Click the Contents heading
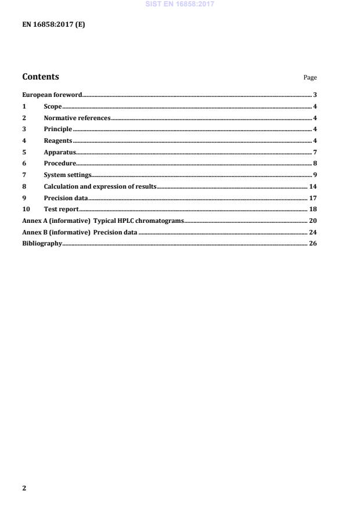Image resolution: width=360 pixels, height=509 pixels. (40, 77)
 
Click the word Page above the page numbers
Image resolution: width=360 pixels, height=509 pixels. (310, 78)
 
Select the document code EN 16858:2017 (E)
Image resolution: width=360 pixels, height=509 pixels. (53, 25)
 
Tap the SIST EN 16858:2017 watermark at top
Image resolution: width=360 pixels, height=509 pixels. (179, 3)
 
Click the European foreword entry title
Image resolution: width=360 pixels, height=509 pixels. (52, 95)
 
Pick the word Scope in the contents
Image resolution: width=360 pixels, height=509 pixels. (53, 106)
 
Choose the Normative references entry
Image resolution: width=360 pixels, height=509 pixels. (77, 118)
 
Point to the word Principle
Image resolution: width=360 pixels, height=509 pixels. (58, 129)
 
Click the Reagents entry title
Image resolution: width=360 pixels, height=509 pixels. (58, 140)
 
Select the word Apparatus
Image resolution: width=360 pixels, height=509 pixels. (60, 152)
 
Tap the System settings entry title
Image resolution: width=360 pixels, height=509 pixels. (67, 175)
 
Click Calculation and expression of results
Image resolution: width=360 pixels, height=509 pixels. (100, 186)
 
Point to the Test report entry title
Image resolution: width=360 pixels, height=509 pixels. (61, 209)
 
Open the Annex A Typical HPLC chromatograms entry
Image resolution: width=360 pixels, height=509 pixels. (103, 221)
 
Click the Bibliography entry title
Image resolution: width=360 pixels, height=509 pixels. (42, 243)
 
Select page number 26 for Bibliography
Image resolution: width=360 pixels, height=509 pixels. (312, 243)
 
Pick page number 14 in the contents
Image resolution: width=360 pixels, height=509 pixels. (312, 186)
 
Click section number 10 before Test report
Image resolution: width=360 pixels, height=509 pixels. (26, 209)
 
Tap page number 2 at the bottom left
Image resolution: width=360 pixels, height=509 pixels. (24, 488)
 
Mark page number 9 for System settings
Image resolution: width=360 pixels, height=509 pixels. (314, 175)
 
